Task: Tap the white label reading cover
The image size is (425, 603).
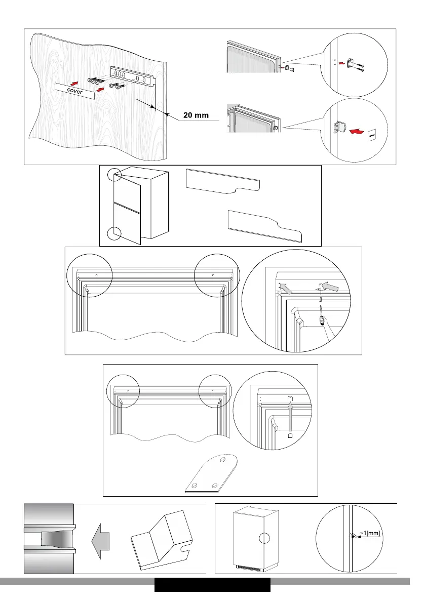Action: point(76,91)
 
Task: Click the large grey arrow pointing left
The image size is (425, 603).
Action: point(99,543)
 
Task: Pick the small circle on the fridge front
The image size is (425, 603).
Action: point(264,539)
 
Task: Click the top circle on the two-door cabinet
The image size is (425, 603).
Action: point(114,175)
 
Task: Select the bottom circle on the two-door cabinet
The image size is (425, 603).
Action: point(114,234)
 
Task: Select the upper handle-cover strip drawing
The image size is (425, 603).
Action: point(223,181)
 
